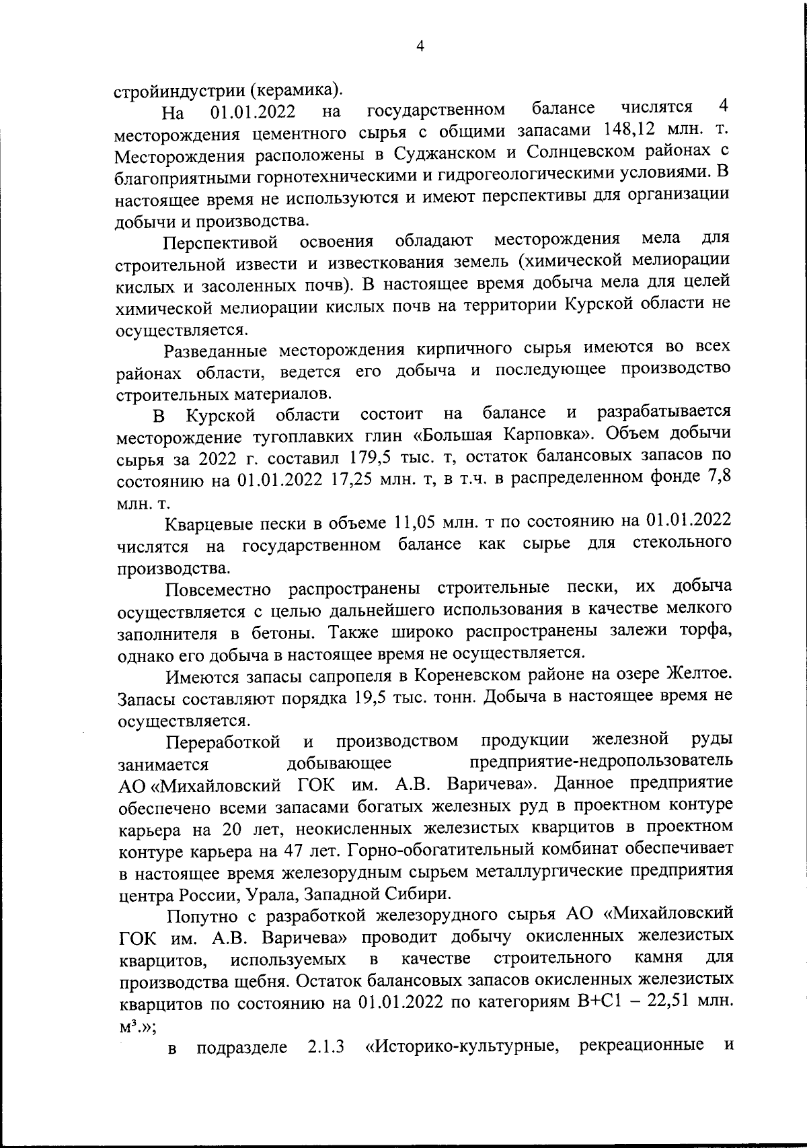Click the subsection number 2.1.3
click(321, 1047)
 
